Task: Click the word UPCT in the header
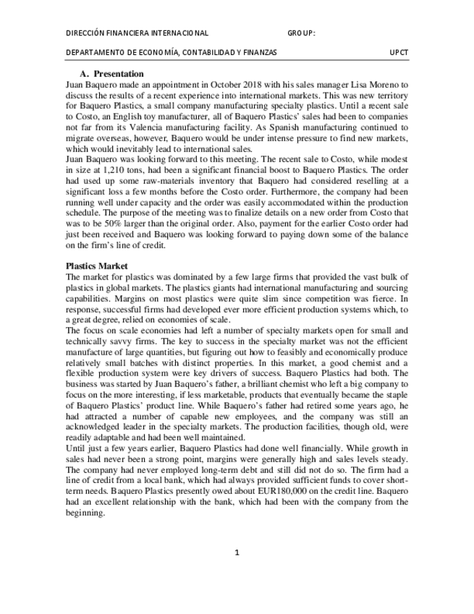[399, 53]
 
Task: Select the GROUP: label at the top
[301, 33]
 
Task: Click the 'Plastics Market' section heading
[96, 266]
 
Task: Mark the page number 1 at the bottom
[237, 553]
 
